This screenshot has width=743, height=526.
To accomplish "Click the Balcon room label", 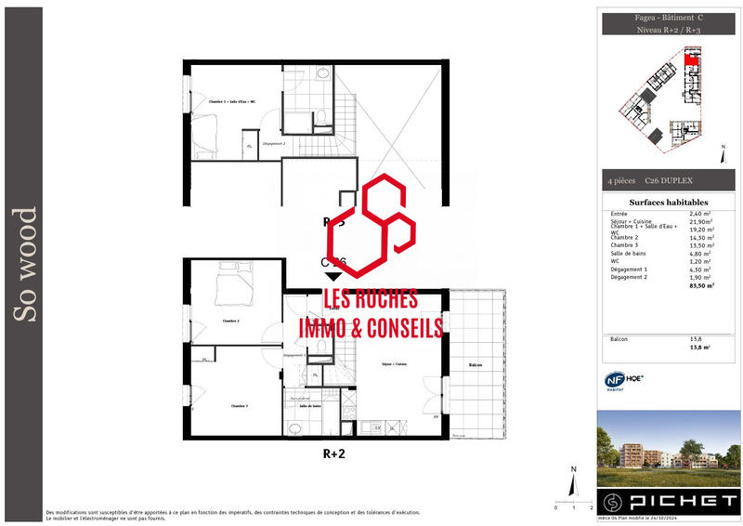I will [x=476, y=365].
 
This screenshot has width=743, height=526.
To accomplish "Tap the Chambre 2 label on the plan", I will [x=231, y=321].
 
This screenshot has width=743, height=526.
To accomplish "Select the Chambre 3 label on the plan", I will [x=240, y=405].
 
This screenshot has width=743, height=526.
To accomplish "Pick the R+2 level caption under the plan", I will [x=334, y=454].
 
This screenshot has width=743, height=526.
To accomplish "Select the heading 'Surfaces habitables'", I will [x=668, y=202].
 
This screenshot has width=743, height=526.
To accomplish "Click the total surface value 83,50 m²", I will [x=701, y=286].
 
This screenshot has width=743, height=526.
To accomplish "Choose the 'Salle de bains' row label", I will [x=628, y=254].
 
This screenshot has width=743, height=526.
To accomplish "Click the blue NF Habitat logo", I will [x=612, y=380].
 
